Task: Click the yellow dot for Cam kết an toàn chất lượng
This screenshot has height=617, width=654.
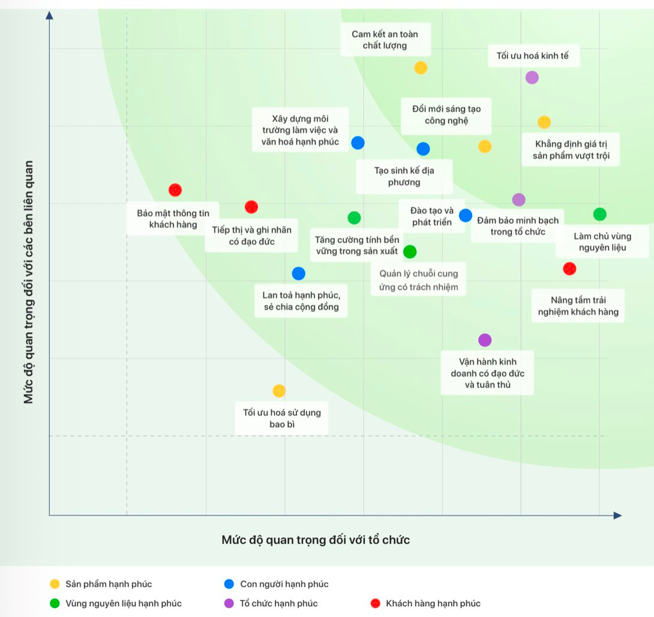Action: pos(421,68)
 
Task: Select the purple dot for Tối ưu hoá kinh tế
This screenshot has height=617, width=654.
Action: pos(532,77)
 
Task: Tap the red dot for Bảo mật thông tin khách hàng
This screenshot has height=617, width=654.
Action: pos(175,190)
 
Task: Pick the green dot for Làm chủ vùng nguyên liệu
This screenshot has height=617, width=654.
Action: pos(599,214)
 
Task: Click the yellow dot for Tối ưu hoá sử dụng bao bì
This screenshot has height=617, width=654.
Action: pos(279,391)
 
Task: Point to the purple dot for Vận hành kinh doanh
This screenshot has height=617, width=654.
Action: pos(485,340)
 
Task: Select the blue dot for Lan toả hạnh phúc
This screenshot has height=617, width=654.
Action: pos(298,273)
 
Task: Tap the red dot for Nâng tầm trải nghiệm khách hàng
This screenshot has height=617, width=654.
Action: pos(569,269)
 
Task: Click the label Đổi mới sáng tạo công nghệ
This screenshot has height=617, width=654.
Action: pos(446,115)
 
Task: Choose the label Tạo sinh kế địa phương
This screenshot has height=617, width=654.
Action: pos(404,176)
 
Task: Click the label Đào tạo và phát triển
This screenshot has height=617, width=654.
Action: pos(432,216)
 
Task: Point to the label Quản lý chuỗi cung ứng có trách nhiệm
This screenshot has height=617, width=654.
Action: pos(418,280)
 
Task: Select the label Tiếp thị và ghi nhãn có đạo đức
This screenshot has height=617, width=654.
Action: pos(251,235)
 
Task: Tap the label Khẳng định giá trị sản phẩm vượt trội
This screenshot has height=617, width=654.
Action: pos(575,150)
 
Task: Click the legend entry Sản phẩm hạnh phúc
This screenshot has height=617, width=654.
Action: pos(109,584)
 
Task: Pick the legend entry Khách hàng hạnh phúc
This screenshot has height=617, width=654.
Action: pos(433,603)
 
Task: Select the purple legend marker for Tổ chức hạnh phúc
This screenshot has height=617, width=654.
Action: pos(229,603)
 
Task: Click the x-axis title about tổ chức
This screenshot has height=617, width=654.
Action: pos(316,540)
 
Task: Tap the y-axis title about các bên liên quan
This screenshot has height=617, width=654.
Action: pos(28,282)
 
